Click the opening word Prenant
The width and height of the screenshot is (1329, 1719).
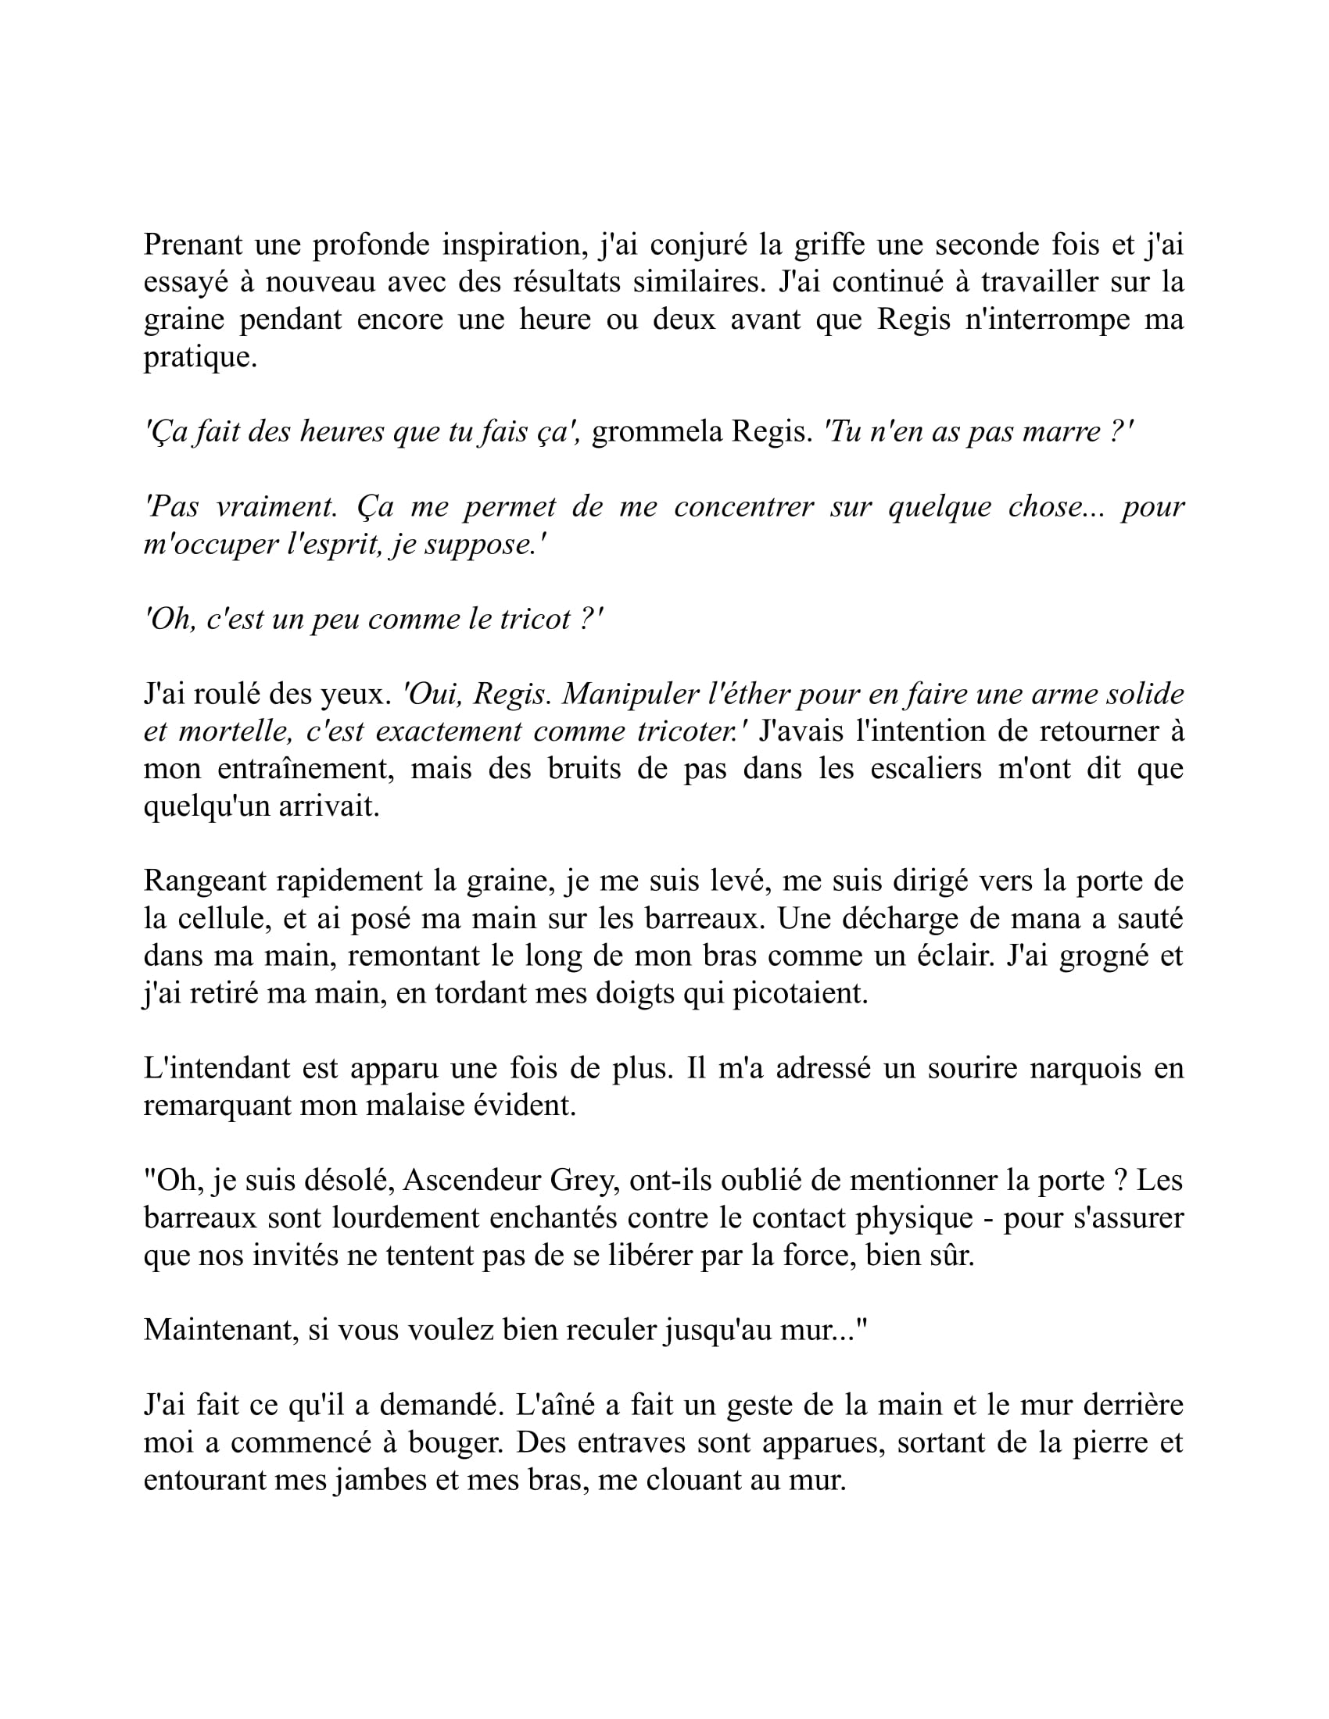[x=193, y=245]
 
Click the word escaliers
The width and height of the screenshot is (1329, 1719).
[x=925, y=769]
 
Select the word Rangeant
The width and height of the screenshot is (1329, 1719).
[x=199, y=881]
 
